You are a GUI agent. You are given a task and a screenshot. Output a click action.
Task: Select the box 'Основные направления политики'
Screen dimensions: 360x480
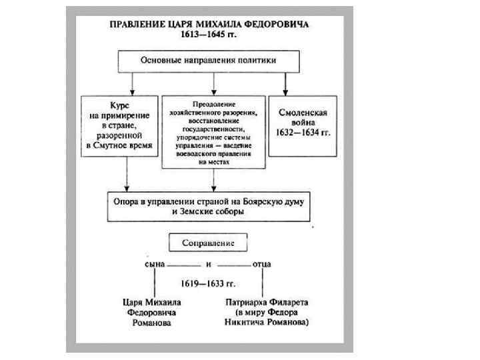[207, 61]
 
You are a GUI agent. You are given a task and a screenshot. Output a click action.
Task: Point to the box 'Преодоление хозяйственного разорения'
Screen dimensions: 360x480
[213, 132]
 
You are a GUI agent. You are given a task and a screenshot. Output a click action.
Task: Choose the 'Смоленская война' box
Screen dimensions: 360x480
[303, 125]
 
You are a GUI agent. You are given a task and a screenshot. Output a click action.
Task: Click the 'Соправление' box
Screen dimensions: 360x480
[208, 243]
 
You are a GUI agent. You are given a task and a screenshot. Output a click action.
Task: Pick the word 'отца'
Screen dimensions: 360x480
[261, 264]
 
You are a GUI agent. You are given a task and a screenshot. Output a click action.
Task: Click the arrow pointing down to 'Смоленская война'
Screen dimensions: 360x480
[285, 87]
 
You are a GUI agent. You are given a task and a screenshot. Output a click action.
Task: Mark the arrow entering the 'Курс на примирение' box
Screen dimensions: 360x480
[133, 87]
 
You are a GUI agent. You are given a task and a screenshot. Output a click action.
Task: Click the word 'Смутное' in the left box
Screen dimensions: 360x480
[113, 145]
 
